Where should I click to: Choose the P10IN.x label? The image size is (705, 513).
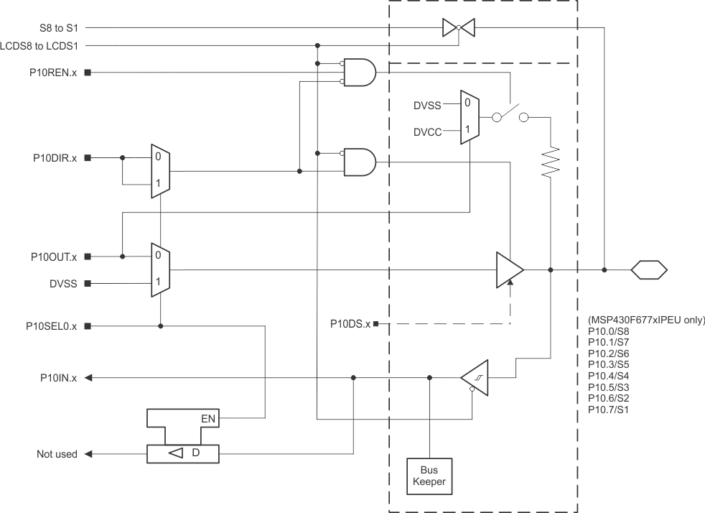point(60,377)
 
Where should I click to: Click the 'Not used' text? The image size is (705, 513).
point(57,454)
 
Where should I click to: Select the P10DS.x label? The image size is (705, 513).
point(350,324)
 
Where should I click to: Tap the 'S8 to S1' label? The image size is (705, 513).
point(60,29)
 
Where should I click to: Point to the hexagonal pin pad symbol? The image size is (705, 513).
point(649,270)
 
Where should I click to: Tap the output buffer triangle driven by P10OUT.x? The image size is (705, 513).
point(509,270)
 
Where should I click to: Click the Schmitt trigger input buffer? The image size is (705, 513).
point(475,377)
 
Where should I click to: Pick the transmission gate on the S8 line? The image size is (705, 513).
point(459,28)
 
